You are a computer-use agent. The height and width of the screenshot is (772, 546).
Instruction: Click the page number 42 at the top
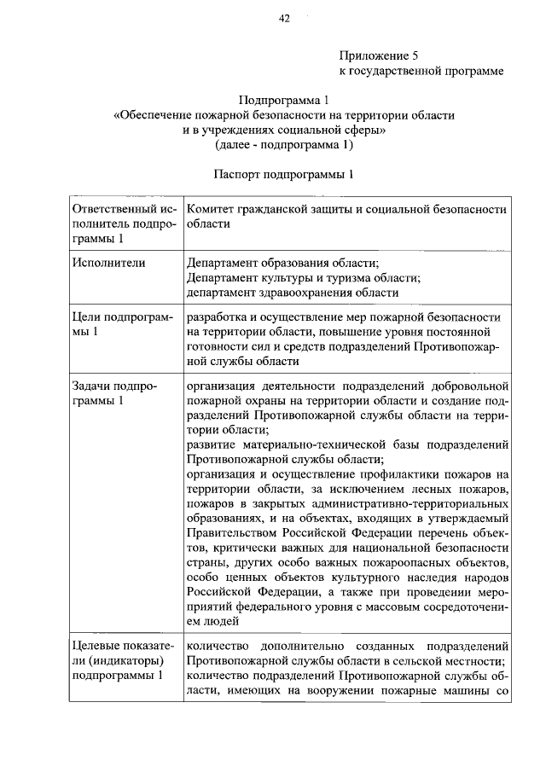(285, 19)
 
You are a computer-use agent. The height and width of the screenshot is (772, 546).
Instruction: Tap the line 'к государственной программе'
(422, 71)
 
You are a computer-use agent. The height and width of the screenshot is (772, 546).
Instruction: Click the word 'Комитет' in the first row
(213, 208)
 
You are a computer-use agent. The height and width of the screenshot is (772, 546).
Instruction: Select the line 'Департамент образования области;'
(282, 262)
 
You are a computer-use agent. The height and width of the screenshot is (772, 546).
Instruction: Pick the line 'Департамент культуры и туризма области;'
(303, 277)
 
